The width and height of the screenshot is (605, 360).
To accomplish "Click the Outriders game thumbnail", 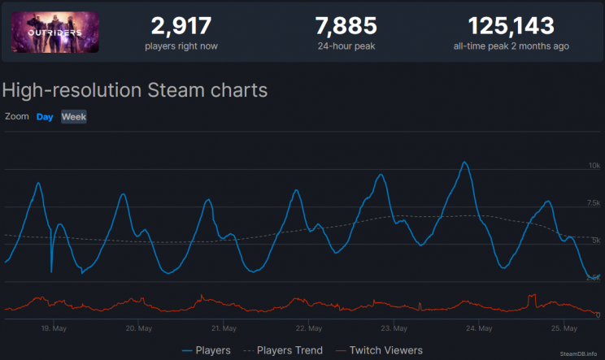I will (x=55, y=31).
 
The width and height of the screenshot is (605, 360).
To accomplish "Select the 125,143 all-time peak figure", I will (x=511, y=25).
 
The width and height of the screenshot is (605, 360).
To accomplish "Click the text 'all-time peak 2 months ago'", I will (x=511, y=46).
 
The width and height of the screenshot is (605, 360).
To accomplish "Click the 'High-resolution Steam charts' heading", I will (x=136, y=89).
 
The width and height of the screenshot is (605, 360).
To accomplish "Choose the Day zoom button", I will (x=45, y=117).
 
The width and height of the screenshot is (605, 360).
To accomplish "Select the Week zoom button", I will (x=74, y=117).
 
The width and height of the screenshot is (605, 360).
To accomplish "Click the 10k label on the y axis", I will (x=594, y=166).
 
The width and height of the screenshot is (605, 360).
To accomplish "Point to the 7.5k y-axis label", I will (x=593, y=203).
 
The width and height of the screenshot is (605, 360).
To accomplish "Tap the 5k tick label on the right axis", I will (x=595, y=241).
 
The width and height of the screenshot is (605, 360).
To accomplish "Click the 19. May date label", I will (x=54, y=328).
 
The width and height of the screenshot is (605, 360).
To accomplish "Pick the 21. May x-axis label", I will (x=224, y=328).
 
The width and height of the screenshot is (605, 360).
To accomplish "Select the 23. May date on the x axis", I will (x=394, y=328).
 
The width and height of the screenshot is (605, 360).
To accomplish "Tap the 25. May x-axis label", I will (x=563, y=328).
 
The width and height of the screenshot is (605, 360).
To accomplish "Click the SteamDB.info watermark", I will (x=579, y=353).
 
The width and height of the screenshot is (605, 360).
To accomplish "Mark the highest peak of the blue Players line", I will (x=464, y=163).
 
